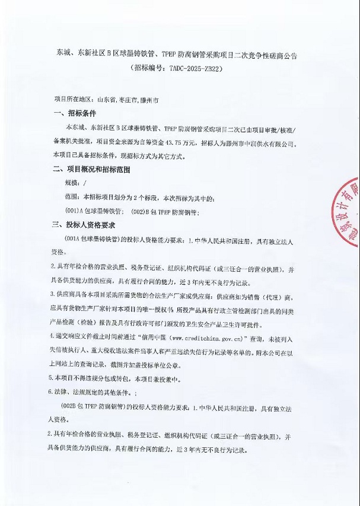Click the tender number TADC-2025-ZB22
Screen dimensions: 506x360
tap(190, 69)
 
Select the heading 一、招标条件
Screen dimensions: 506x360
tap(74, 113)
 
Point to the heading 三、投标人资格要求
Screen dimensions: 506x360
tap(84, 226)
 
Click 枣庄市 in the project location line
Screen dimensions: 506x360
tap(129, 100)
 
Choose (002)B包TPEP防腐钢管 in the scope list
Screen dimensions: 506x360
tap(164, 211)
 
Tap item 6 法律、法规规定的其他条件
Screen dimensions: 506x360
tap(107, 392)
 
